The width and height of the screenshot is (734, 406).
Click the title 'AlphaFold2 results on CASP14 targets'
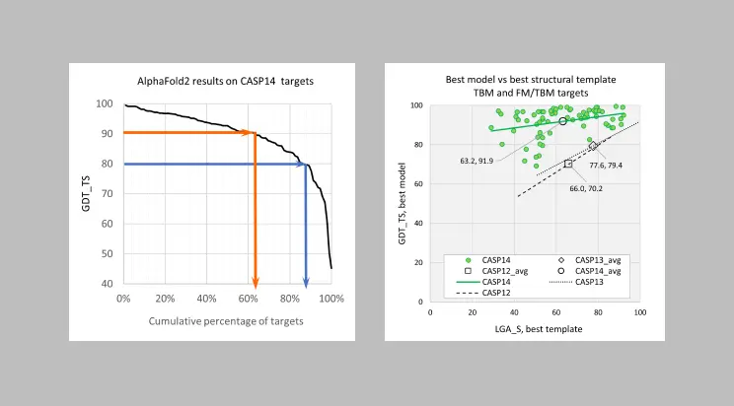click(x=225, y=81)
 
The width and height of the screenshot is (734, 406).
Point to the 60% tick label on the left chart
click(x=249, y=299)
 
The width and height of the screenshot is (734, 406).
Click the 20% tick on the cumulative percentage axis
click(x=165, y=299)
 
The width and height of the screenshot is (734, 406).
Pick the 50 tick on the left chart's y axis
click(x=105, y=253)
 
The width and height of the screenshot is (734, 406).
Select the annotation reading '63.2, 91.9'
click(x=477, y=160)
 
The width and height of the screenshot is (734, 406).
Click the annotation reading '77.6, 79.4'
click(x=606, y=165)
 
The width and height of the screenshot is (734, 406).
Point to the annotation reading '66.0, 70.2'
click(x=586, y=188)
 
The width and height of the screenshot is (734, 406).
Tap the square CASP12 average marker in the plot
click(x=568, y=164)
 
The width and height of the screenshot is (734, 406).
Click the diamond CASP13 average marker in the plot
click(x=593, y=145)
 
